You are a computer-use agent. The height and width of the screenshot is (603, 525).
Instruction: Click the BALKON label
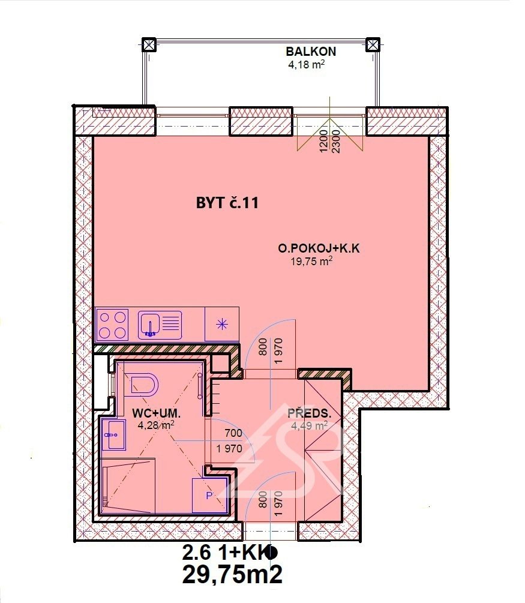tap(311, 51)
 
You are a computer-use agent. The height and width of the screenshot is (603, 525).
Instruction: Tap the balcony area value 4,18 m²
tap(307, 64)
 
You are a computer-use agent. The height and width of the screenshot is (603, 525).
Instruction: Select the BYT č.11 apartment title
tap(227, 203)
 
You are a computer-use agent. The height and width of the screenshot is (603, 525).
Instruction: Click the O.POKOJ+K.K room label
tap(319, 248)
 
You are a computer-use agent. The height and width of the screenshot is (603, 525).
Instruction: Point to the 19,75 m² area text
tap(311, 262)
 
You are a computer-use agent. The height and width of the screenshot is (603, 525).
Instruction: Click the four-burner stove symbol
tap(113, 325)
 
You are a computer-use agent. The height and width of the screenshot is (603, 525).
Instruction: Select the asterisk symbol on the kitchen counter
tap(222, 325)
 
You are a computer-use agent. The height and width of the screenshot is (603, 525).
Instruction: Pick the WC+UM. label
tap(157, 414)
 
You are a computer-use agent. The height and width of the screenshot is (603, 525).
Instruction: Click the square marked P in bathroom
tap(209, 496)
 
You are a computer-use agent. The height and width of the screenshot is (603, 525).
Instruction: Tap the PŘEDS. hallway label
tap(310, 414)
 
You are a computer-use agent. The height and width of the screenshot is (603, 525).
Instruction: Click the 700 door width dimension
tap(233, 433)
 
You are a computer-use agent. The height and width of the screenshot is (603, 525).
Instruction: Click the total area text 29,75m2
tap(232, 574)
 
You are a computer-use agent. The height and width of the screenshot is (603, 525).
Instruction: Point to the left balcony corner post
tap(149, 44)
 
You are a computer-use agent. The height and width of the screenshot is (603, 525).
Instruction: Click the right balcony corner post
tap(373, 44)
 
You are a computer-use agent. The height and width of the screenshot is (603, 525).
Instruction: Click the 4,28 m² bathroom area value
tap(156, 425)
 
